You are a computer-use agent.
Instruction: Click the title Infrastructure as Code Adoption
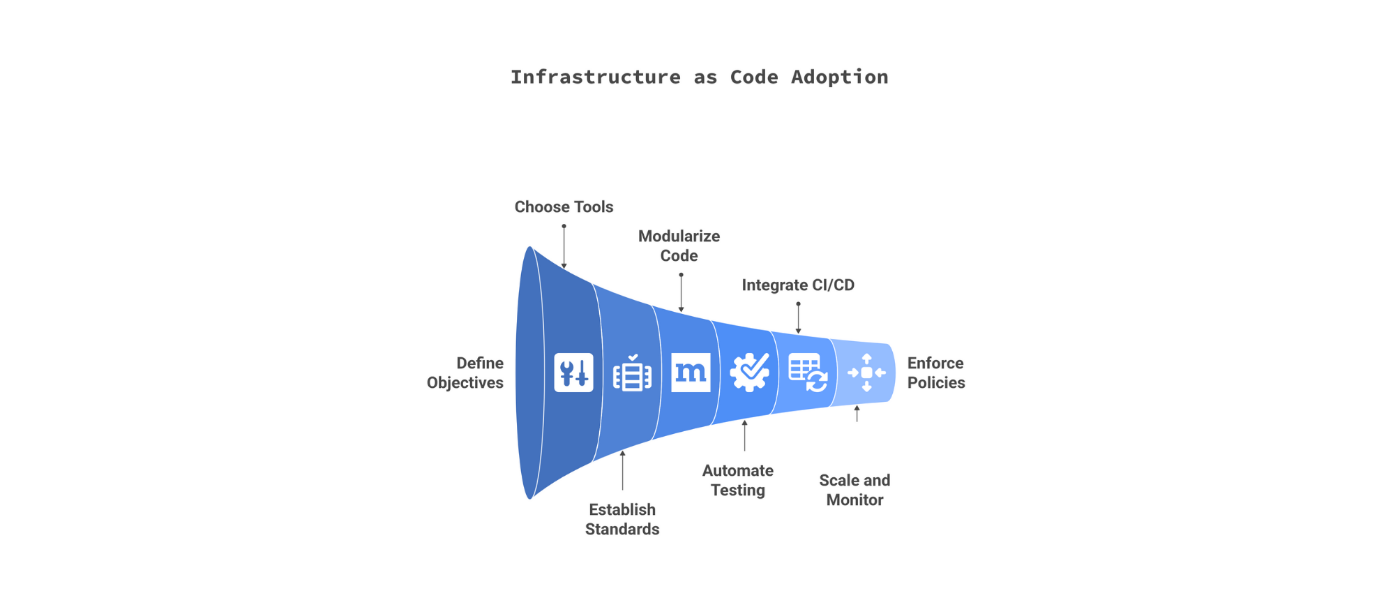tap(699, 77)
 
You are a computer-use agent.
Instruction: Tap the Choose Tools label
tap(564, 207)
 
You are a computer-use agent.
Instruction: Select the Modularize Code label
tap(679, 246)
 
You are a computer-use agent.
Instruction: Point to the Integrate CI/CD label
tap(797, 285)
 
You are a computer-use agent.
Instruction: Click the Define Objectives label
tap(465, 373)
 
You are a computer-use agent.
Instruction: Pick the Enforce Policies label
tap(935, 373)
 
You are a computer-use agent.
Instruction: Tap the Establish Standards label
tap(622, 519)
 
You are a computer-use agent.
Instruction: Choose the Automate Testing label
tap(737, 480)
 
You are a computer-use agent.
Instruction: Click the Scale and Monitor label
tap(854, 490)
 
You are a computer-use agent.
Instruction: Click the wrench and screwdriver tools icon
tap(573, 373)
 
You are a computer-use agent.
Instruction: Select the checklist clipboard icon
tap(632, 373)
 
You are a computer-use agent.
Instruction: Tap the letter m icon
tap(691, 373)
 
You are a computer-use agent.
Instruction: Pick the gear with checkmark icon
tap(749, 373)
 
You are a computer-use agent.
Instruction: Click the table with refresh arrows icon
tap(808, 373)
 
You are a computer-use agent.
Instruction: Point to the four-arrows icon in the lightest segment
tap(866, 373)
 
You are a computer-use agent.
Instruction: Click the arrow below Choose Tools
tap(564, 246)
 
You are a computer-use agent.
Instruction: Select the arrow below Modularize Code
tap(681, 293)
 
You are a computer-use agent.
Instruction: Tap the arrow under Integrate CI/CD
tap(798, 318)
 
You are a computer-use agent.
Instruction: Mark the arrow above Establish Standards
tap(622, 470)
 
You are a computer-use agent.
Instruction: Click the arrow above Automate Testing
tap(744, 435)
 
